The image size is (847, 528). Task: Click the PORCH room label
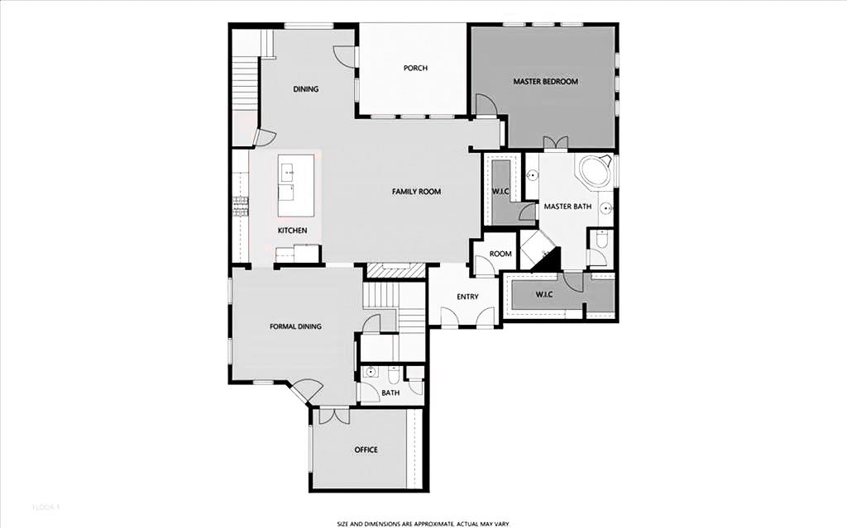(415, 68)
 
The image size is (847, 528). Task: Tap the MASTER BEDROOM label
(545, 82)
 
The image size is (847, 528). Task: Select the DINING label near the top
(306, 89)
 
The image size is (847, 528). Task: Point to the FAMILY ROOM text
(416, 192)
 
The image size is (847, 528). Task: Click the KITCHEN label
(292, 230)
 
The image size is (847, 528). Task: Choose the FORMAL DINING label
(295, 326)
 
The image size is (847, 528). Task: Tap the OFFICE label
(366, 450)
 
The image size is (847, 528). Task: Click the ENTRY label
(467, 297)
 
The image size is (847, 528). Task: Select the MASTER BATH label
(567, 207)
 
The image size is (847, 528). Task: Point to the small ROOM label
(500, 254)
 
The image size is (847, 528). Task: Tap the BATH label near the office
(390, 392)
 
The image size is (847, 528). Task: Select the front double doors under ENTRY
(467, 317)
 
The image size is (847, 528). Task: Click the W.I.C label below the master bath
(544, 294)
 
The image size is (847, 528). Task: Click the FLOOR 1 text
(46, 506)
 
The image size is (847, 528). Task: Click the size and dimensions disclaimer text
(423, 523)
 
